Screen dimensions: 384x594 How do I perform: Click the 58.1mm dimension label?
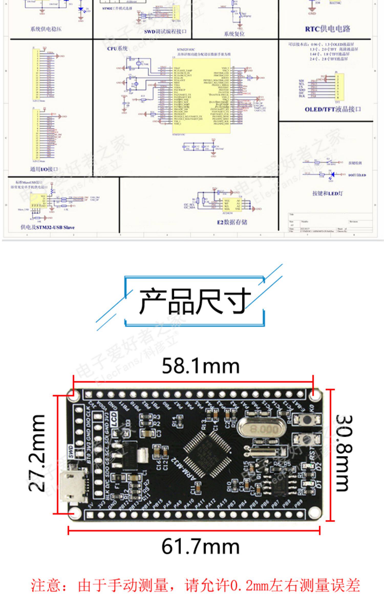(200, 366)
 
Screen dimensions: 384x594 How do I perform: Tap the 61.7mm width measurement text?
(200, 547)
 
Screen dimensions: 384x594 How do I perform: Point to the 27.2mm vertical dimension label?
(37, 453)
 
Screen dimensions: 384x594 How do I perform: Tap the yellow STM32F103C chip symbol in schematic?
(201, 96)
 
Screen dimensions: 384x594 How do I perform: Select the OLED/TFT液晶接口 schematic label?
(333, 109)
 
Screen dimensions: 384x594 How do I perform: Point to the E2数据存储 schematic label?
(232, 222)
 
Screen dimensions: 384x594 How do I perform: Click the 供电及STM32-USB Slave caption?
(48, 227)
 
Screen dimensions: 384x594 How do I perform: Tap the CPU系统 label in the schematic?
(117, 48)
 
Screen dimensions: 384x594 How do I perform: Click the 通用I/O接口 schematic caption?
(44, 169)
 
